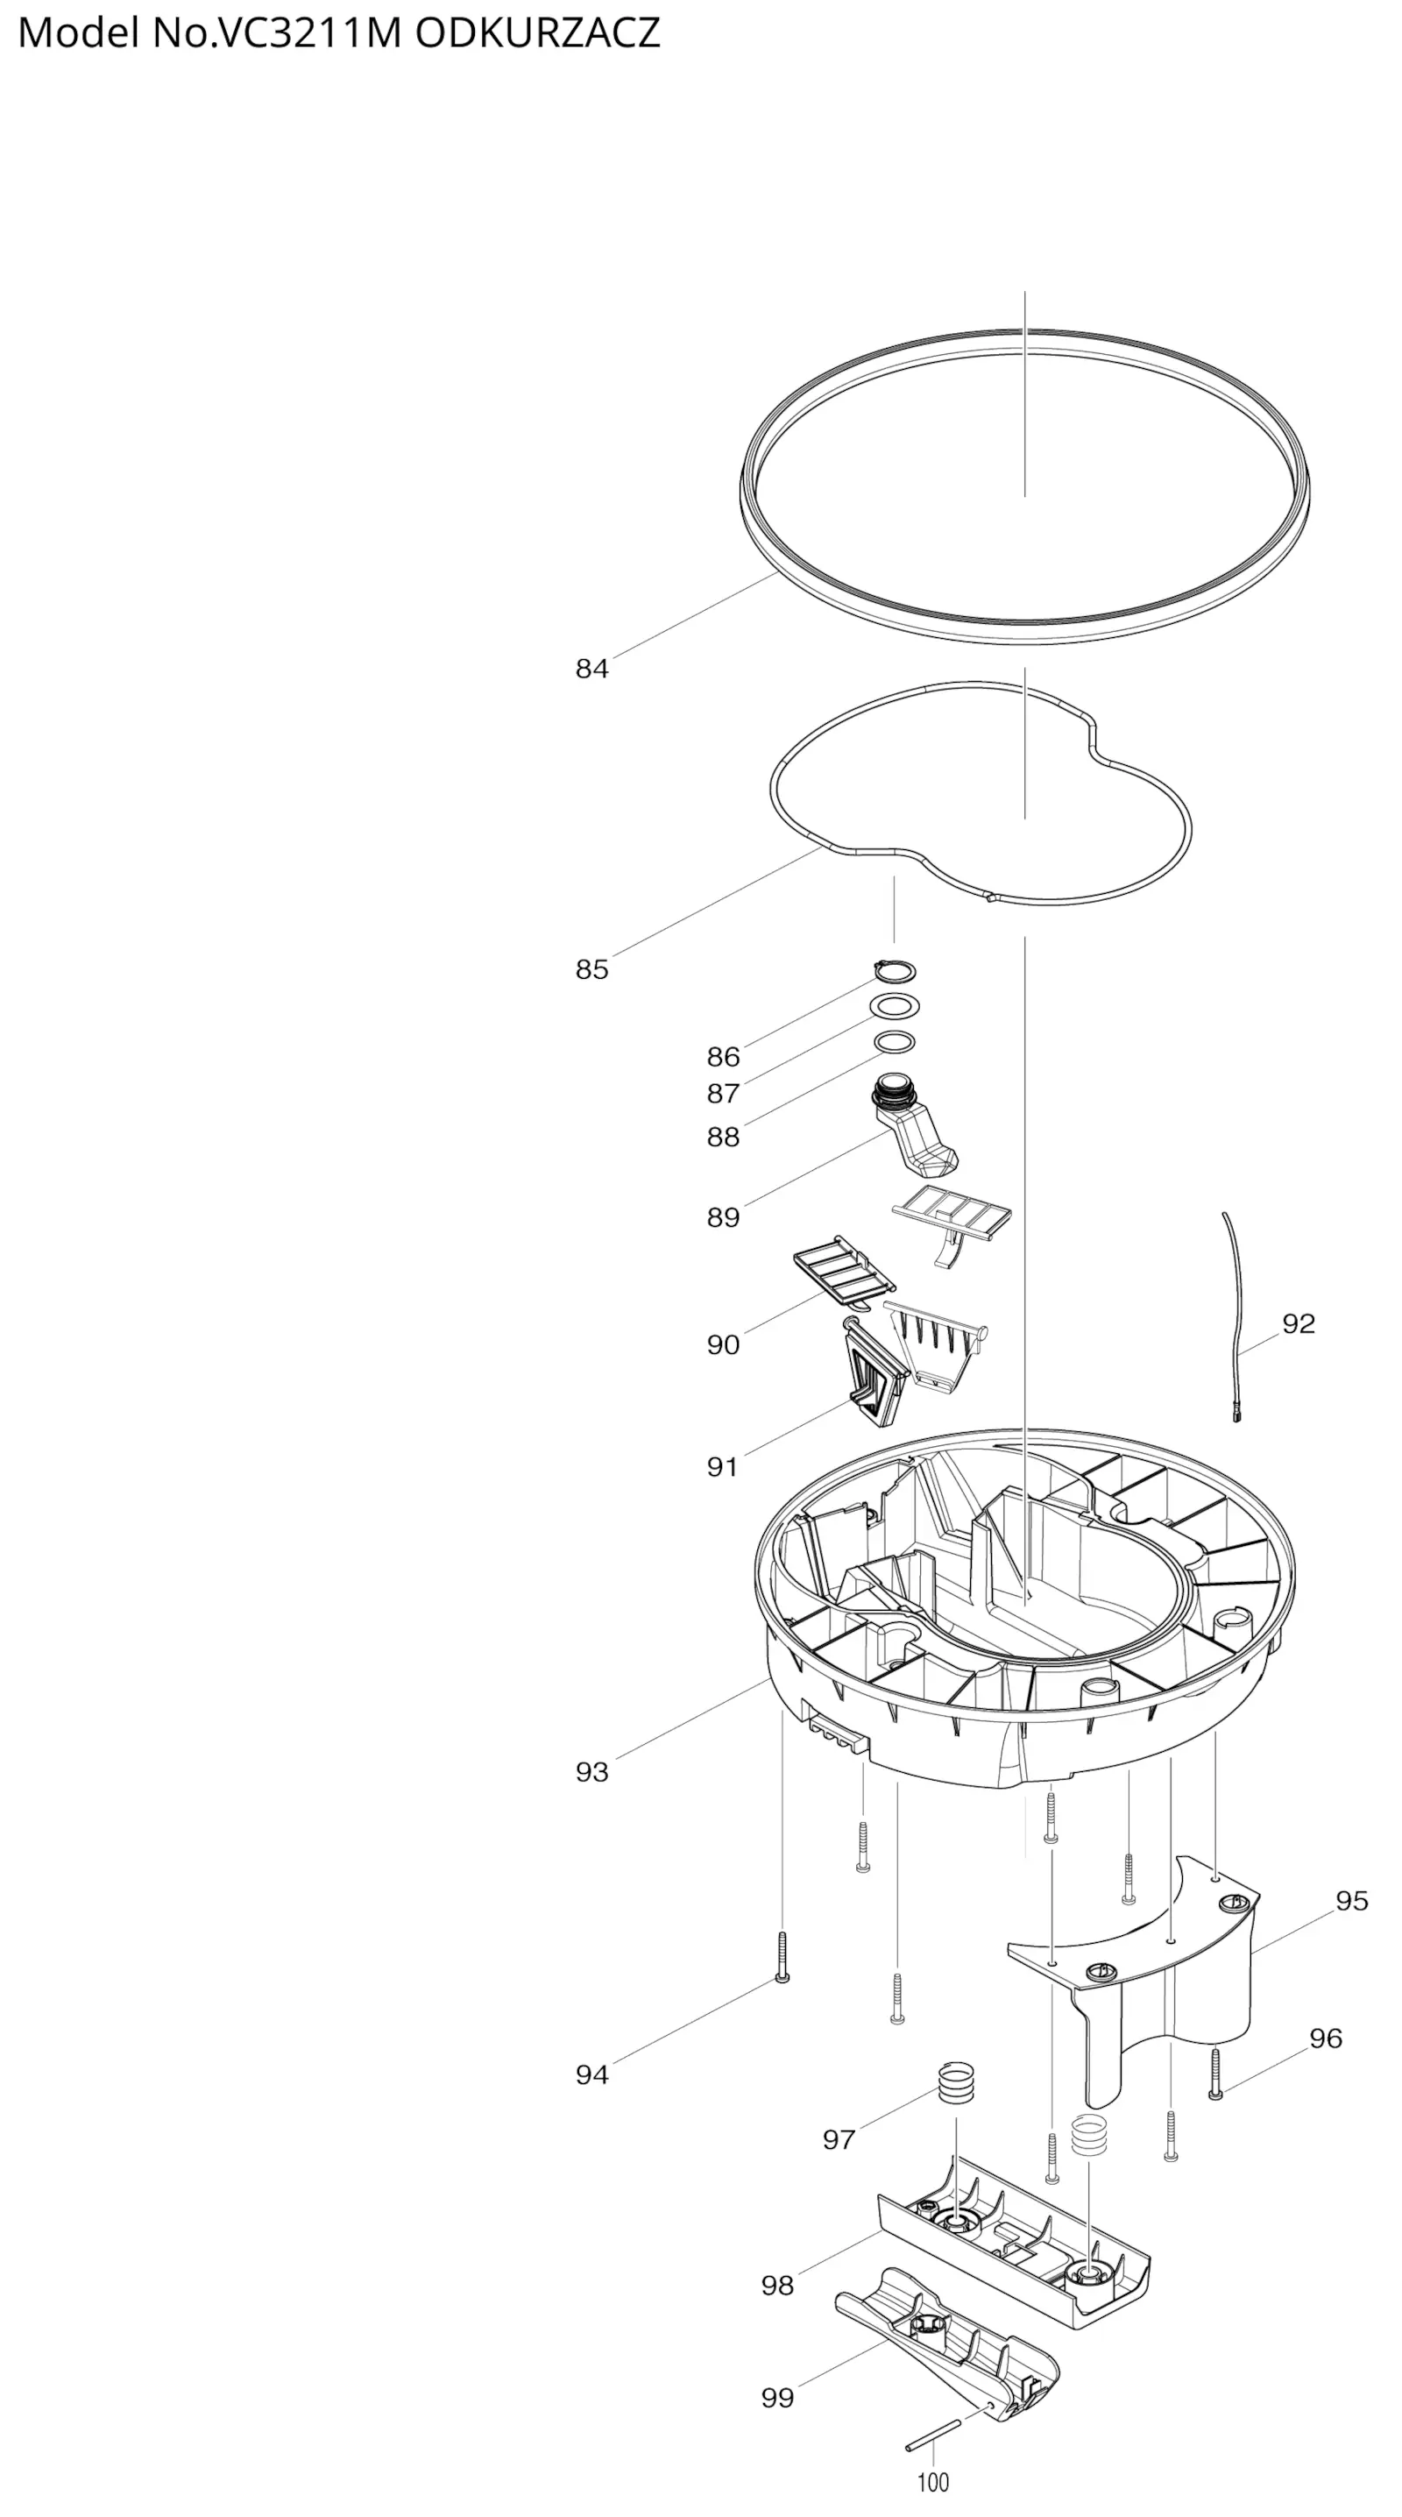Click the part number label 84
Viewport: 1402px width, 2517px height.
coord(591,669)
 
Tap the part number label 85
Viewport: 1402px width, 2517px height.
coord(591,969)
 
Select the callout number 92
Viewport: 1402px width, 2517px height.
coord(1299,1323)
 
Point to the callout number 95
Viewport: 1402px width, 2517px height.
coord(1352,1900)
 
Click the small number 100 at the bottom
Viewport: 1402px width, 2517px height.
coord(933,2482)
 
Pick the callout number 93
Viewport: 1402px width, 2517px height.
coord(591,1771)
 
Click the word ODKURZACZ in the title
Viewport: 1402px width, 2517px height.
coord(537,33)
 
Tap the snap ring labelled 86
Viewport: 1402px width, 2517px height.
coord(895,971)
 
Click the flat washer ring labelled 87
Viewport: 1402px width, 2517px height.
coord(894,1005)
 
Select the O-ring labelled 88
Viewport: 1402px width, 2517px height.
coord(894,1043)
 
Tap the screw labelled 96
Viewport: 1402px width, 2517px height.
coord(1215,2073)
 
